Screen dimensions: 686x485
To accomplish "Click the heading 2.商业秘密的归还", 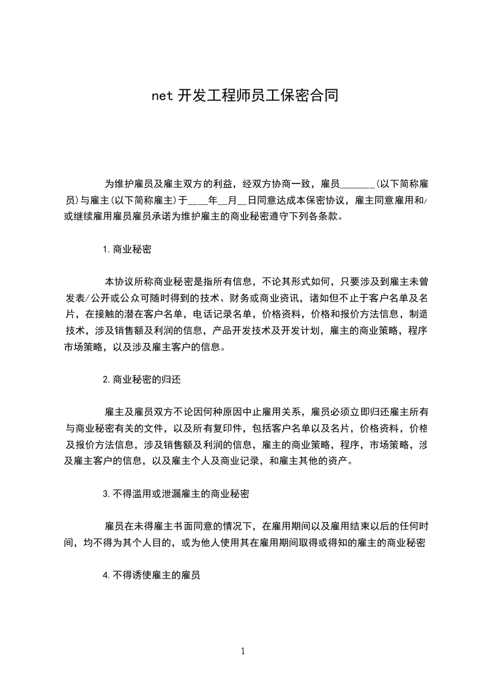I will point(142,379).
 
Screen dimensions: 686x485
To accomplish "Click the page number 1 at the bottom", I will point(243,651).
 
